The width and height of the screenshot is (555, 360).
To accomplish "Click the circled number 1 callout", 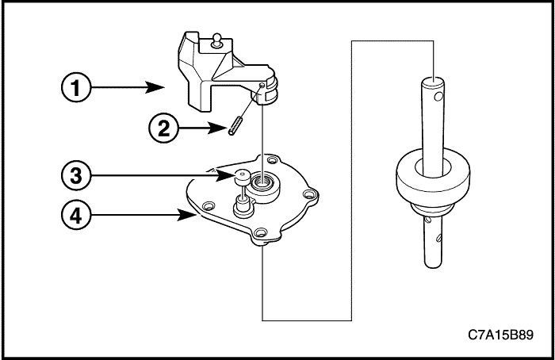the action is click(76, 87).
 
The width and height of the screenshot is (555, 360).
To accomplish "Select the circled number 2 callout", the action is click(163, 128).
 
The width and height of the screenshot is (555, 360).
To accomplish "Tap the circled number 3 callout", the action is click(76, 175).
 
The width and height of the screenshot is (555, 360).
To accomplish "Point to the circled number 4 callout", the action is click(76, 215).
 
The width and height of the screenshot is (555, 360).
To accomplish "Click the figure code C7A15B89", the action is click(500, 335).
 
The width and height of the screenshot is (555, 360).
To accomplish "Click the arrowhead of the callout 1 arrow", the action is click(155, 87).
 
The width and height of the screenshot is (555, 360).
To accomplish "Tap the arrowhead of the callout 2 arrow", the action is click(217, 128).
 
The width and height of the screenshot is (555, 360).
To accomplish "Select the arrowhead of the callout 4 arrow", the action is click(186, 215).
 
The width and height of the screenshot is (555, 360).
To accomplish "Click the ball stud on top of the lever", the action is click(216, 40).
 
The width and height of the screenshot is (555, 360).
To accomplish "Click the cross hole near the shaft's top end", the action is click(438, 96).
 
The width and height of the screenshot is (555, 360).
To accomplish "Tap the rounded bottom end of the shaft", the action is click(433, 263).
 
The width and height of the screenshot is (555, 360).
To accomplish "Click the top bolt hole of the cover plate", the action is click(271, 160).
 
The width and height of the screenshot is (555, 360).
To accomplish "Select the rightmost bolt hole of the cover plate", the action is click(310, 193).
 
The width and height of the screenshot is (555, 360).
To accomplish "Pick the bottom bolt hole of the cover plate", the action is click(260, 233).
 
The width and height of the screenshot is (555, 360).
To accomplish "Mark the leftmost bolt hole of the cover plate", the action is click(208, 205).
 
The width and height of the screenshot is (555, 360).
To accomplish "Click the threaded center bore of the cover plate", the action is click(262, 182).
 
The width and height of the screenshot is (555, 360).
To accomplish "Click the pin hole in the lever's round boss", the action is click(262, 85).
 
